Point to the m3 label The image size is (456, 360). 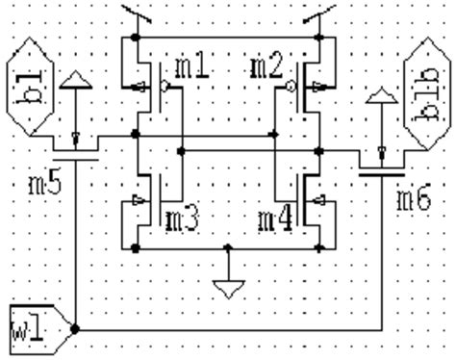tap(184, 219)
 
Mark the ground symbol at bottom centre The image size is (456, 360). tap(229, 287)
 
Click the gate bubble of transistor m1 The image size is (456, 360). tap(165, 86)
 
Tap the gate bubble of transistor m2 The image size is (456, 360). tap(288, 86)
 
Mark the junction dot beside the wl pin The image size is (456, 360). tap(74, 328)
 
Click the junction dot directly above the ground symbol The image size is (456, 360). tap(229, 249)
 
